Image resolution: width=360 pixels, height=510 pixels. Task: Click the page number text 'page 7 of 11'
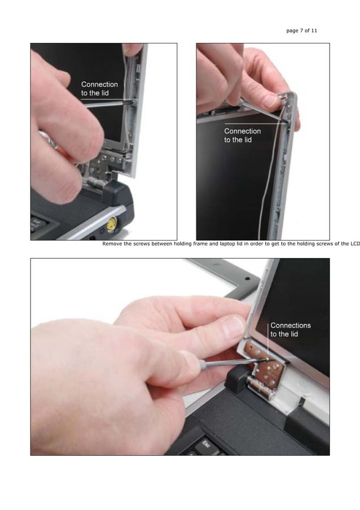[x=302, y=30]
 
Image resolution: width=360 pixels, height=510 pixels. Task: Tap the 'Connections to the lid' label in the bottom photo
[x=291, y=330]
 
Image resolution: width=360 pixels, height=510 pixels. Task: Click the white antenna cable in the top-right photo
[x=261, y=186]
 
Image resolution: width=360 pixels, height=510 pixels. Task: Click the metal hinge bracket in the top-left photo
[x=102, y=167]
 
